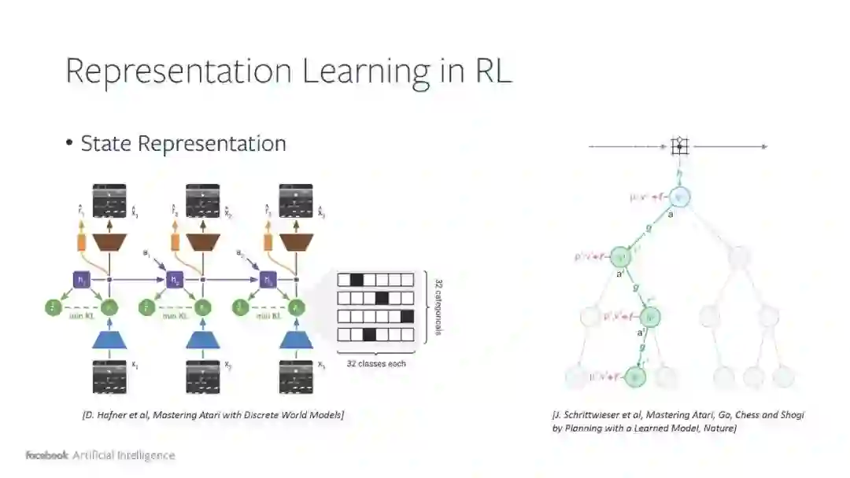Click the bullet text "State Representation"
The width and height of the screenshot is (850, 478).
(x=183, y=144)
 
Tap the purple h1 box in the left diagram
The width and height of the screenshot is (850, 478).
(x=81, y=279)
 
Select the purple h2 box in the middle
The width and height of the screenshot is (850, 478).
(x=174, y=279)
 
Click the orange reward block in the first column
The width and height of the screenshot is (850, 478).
(x=81, y=242)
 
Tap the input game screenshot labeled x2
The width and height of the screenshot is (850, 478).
(x=202, y=376)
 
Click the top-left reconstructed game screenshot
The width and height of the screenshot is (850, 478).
(x=109, y=200)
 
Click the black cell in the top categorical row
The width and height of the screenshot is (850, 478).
(x=356, y=280)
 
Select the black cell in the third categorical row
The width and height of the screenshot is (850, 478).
(x=407, y=317)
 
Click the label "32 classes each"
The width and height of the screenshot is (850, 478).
(x=376, y=364)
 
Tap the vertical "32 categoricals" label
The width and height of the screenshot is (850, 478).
(x=437, y=307)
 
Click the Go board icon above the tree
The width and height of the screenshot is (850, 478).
(x=680, y=145)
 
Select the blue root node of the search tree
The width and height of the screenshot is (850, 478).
(x=681, y=197)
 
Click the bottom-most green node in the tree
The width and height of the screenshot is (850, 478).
(x=636, y=377)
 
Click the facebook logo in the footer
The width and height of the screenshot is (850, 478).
(x=46, y=455)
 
